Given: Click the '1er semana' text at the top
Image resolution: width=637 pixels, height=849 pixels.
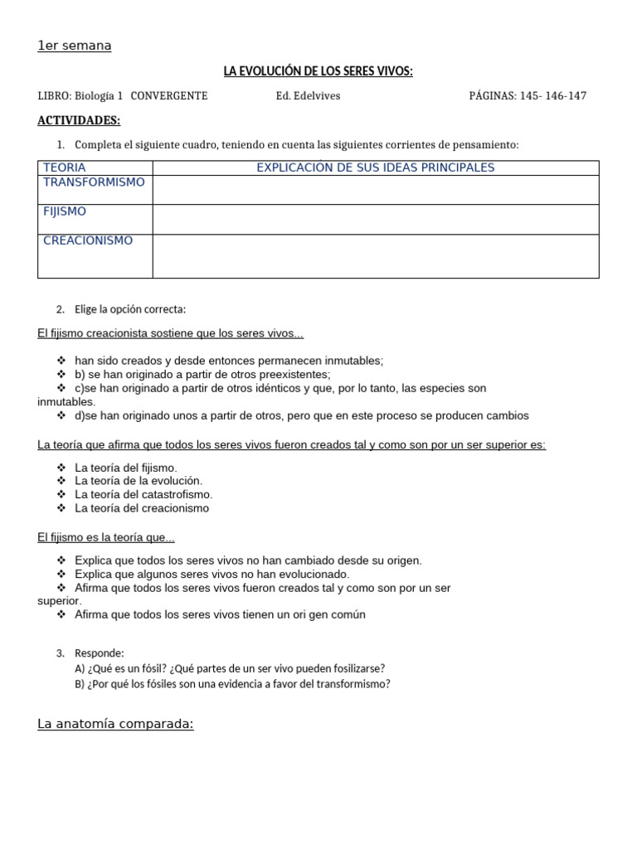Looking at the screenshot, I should tap(74, 46).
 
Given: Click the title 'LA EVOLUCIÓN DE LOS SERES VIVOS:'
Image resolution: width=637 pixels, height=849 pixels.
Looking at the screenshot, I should tap(318, 72).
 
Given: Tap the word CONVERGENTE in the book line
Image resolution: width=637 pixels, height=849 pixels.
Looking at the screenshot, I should tap(169, 96).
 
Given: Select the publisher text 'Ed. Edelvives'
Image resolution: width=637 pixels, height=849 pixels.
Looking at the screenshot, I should tap(308, 96).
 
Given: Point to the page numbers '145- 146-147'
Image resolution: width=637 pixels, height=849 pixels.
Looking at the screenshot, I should tap(552, 96).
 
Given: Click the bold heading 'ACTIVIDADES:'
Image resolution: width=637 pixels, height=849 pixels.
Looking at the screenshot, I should tap(79, 121).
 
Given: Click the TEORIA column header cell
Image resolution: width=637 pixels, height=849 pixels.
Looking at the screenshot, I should tap(64, 167).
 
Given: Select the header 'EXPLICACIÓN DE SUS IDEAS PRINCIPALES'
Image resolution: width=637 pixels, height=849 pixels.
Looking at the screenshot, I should tap(375, 167).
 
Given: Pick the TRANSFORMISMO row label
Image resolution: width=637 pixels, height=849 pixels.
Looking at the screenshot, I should tap(94, 182).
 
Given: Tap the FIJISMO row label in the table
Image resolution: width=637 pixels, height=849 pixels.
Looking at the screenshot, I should tap(65, 211).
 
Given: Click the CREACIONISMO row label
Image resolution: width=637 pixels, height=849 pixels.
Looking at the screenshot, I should tap(88, 240).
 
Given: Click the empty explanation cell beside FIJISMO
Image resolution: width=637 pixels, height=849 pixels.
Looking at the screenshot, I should tap(375, 219).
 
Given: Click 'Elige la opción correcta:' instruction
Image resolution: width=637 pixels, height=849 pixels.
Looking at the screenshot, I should tap(129, 309).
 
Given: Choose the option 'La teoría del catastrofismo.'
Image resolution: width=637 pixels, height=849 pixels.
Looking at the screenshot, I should tap(143, 494).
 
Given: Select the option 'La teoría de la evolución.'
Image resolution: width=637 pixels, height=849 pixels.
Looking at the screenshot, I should tap(138, 481).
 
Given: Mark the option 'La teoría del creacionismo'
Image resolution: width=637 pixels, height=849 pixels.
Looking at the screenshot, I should tap(142, 508).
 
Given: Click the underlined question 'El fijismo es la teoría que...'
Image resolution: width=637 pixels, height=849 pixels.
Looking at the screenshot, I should tap(106, 537).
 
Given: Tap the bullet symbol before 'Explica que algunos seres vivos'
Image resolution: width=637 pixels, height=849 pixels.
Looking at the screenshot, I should tap(61, 574).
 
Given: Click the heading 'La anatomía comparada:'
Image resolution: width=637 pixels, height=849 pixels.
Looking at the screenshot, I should tap(115, 724).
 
